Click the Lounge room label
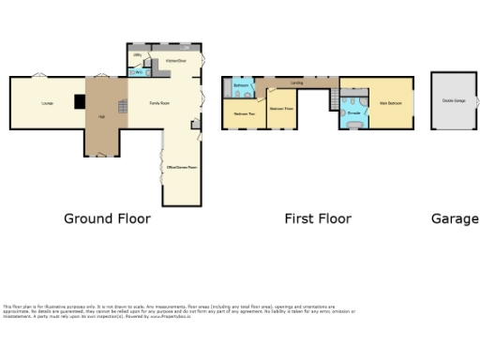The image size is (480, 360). pyautogui.click(x=45, y=102)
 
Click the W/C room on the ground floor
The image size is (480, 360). pyautogui.click(x=138, y=71)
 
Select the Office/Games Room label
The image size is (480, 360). pyautogui.click(x=182, y=167)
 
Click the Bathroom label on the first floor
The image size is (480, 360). pyautogui.click(x=240, y=86)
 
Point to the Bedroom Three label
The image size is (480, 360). pyautogui.click(x=281, y=110)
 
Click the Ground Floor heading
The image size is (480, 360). pyautogui.click(x=107, y=218)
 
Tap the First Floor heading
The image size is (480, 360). pyautogui.click(x=318, y=218)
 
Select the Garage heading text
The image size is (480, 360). pyautogui.click(x=455, y=218)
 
